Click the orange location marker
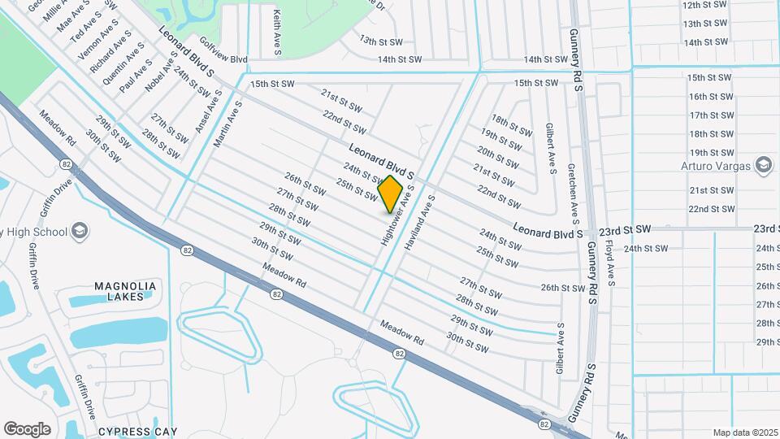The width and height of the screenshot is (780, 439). point(391,193)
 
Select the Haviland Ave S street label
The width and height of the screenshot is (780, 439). point(420,221)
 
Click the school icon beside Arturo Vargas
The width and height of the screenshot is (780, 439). point(763,166)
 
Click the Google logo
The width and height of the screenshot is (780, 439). point(27,429)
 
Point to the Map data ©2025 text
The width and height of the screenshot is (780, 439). point(745,432)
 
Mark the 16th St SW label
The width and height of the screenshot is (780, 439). point(711,97)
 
